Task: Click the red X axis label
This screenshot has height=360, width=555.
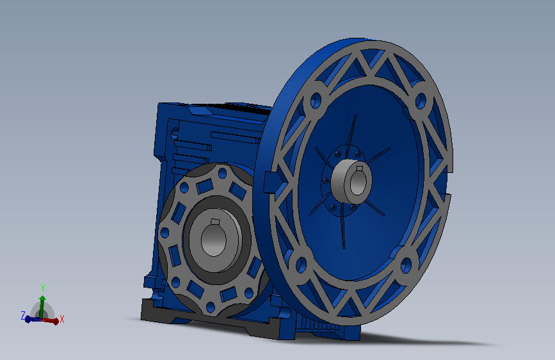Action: (x=62, y=319)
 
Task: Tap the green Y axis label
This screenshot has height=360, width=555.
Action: (x=43, y=288)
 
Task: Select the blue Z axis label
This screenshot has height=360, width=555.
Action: (x=23, y=315)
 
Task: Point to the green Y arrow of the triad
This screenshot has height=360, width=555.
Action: (x=42, y=306)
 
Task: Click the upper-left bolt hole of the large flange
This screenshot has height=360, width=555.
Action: (x=316, y=101)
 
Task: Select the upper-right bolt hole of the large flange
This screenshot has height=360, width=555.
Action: (x=421, y=101)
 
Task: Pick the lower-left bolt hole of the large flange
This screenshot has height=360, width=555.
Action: (x=302, y=265)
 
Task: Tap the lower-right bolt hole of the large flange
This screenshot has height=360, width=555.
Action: (x=406, y=265)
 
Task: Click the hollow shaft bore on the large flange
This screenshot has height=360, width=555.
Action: (x=357, y=181)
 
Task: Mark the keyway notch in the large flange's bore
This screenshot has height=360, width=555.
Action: (x=360, y=168)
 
